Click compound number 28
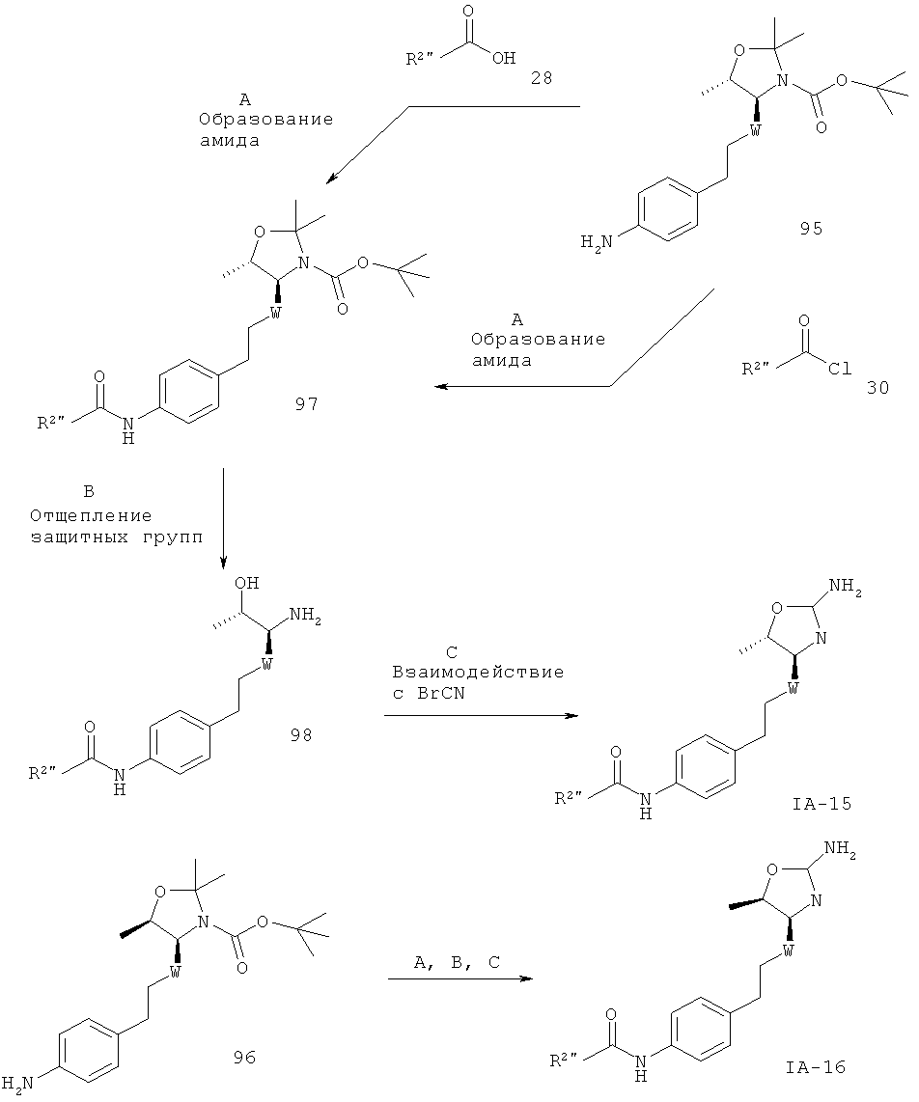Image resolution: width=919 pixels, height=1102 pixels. [x=542, y=78]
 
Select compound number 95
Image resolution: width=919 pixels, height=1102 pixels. [x=811, y=229]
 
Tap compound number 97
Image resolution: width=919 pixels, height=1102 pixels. [x=306, y=404]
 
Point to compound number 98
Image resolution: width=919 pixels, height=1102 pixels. [x=300, y=735]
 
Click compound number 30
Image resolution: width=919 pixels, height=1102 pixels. [x=877, y=387]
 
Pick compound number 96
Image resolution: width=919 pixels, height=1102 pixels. [x=244, y=1058]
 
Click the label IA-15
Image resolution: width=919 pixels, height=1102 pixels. [x=822, y=803]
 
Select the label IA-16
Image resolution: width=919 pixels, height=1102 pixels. [x=816, y=1067]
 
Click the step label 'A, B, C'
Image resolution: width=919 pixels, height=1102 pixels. [x=457, y=964]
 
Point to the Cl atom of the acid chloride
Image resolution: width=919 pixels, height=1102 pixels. [x=840, y=369]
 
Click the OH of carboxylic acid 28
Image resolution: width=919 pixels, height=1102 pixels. [x=504, y=58]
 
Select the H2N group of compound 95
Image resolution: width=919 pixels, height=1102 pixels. [x=597, y=243]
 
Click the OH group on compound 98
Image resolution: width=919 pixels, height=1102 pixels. [x=247, y=583]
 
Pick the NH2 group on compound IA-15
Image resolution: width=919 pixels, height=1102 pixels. [x=846, y=587]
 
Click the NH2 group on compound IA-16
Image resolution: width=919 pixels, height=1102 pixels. [x=840, y=851]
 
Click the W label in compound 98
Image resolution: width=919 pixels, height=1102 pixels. [x=266, y=663]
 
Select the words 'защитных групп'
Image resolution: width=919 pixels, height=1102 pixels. [x=116, y=539]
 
